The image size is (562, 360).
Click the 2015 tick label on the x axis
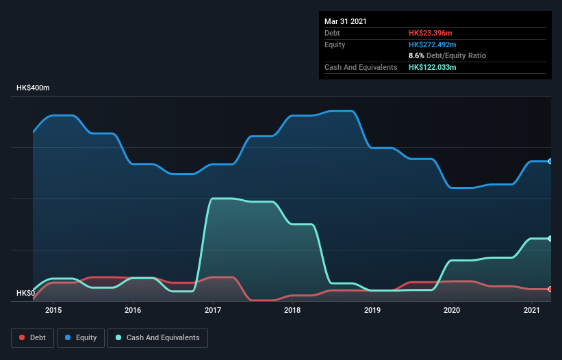click(x=53, y=311)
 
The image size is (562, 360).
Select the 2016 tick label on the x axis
click(x=133, y=311)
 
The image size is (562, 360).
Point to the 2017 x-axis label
click(x=213, y=311)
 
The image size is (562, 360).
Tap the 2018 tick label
click(x=292, y=311)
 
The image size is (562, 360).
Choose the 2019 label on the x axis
click(x=372, y=311)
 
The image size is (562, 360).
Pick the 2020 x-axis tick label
click(x=452, y=311)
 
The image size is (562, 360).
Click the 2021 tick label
click(x=531, y=311)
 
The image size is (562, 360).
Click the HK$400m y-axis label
click(x=33, y=88)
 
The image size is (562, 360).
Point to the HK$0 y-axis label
click(x=25, y=294)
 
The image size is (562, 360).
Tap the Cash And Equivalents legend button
click(x=157, y=337)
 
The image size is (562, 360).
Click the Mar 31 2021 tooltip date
click(x=346, y=21)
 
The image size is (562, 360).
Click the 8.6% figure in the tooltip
click(x=416, y=55)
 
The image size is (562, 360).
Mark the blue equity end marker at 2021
click(x=550, y=162)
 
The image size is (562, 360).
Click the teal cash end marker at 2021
click(x=550, y=238)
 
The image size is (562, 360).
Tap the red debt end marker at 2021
click(x=550, y=289)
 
